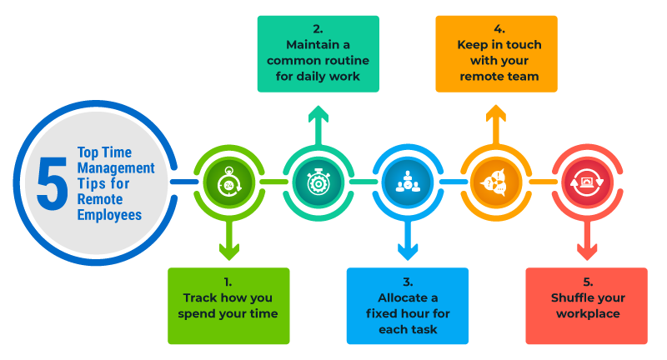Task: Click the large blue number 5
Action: tap(51, 182)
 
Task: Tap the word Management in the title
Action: tap(116, 167)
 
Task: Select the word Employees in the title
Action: tap(109, 215)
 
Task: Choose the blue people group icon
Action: tap(407, 182)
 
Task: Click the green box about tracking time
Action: tap(228, 306)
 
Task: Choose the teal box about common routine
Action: tap(318, 53)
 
